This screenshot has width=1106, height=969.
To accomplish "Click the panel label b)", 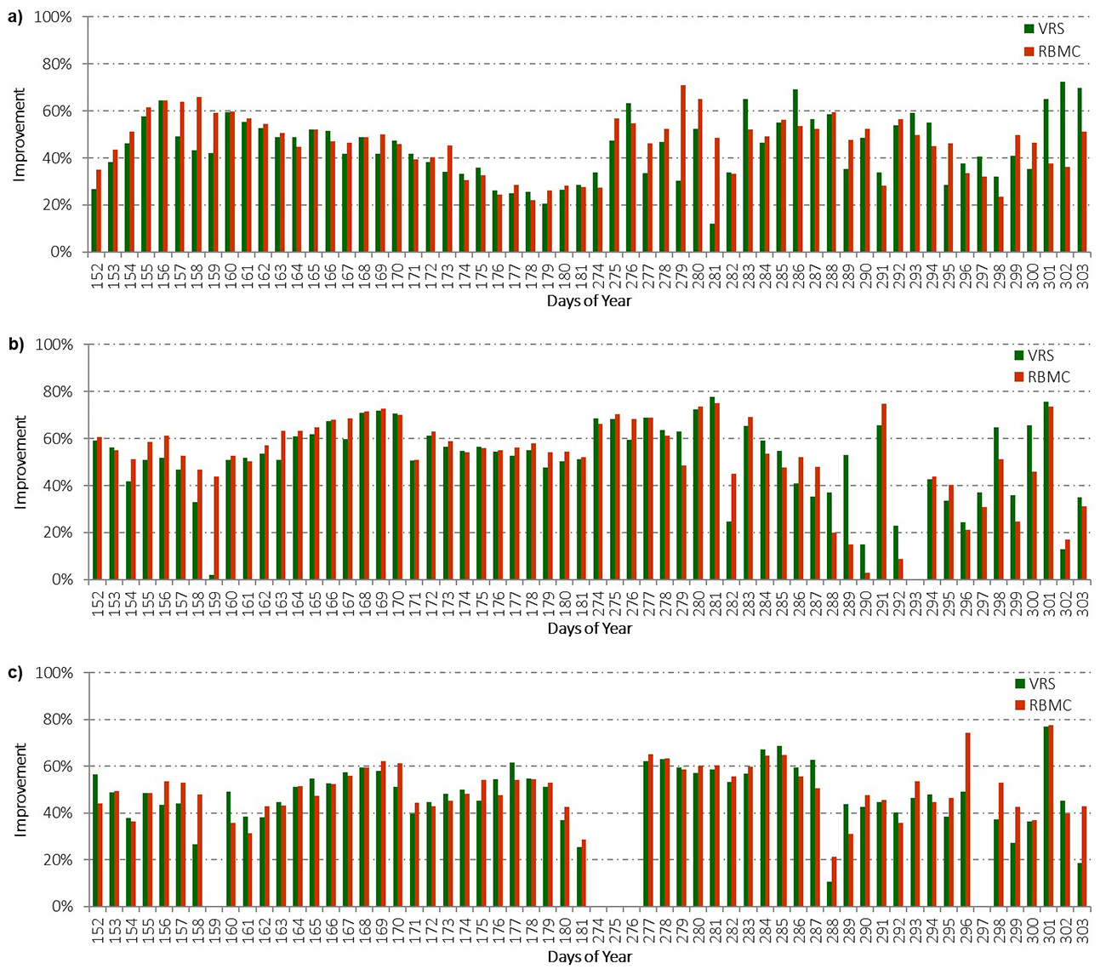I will pyautogui.click(x=14, y=345).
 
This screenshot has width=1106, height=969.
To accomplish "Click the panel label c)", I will pyautogui.click(x=14, y=673).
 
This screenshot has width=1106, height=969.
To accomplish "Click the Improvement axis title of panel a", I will pyautogui.click(x=19, y=134).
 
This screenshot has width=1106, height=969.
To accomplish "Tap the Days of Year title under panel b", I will pyautogui.click(x=590, y=629).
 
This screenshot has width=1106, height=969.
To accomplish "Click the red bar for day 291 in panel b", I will pyautogui.click(x=884, y=492).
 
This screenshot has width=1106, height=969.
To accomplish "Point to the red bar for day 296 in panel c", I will pyautogui.click(x=967, y=820).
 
